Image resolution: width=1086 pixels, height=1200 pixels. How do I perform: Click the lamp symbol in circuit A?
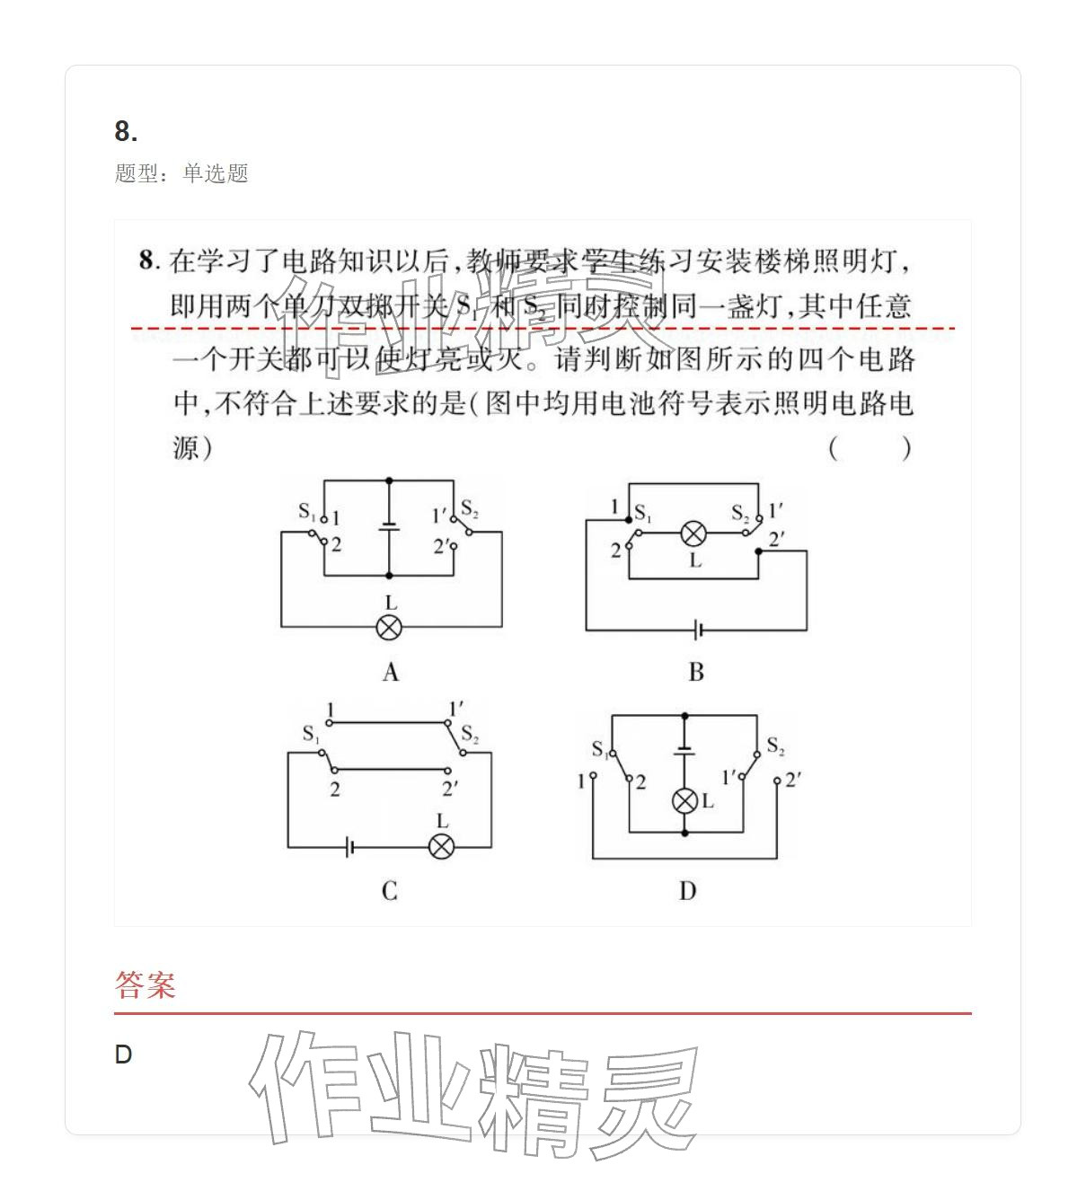[x=388, y=627]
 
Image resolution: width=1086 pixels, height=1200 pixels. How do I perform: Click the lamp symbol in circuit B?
[x=693, y=534]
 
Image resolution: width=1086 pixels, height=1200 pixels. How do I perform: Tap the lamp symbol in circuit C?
[x=440, y=846]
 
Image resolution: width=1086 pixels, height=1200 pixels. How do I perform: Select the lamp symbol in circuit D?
[x=685, y=800]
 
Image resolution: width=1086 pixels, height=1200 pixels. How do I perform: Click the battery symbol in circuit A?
[x=389, y=526]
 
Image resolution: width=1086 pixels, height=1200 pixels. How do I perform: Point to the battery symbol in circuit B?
[x=698, y=630]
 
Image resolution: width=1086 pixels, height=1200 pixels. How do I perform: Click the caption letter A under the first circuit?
[x=390, y=673]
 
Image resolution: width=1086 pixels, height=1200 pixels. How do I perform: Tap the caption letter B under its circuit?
[x=695, y=673]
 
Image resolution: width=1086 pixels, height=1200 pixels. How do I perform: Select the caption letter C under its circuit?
[x=389, y=891]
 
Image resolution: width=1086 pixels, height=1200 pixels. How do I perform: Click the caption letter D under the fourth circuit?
[x=687, y=891]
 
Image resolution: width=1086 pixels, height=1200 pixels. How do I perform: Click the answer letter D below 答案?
[x=124, y=1054]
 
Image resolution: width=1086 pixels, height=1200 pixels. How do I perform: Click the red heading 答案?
[x=145, y=985]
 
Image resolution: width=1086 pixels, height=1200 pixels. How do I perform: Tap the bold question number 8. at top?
[x=126, y=132]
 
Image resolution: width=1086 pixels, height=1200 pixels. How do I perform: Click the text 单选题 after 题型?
[x=216, y=173]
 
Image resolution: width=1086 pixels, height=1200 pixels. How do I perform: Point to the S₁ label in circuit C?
[x=311, y=734]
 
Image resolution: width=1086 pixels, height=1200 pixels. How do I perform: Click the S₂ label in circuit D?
[x=775, y=746]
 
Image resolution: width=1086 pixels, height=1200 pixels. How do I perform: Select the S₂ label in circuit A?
[x=469, y=509]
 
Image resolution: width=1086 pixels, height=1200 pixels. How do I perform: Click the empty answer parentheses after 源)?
[x=870, y=447]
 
